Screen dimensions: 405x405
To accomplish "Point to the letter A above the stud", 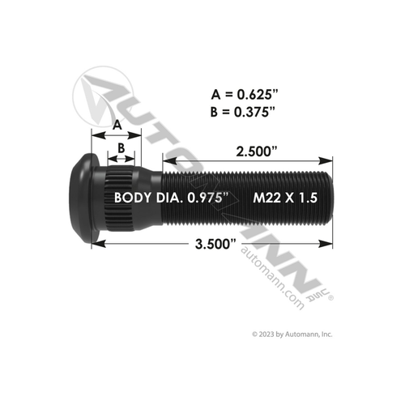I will (x=117, y=126).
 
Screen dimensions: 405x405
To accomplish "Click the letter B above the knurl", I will (x=121, y=148).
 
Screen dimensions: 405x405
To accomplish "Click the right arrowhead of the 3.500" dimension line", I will (x=329, y=240).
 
